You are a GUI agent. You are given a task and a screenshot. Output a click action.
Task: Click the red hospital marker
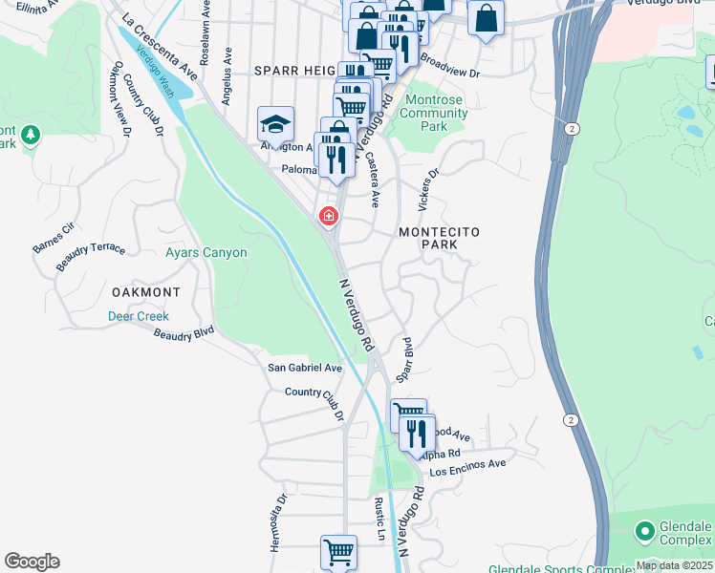point(329,217)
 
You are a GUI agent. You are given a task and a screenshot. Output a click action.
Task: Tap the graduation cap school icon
point(275,124)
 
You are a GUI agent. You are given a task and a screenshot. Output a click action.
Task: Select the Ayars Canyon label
point(206,253)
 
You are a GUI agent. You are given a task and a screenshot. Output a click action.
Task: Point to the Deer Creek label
point(138,316)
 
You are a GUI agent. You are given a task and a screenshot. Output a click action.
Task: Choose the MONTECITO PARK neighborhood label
point(439,239)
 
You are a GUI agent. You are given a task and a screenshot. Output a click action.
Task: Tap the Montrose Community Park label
point(435,113)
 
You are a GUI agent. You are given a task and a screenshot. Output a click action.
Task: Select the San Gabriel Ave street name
point(304,368)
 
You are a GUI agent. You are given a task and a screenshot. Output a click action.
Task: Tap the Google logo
point(32,562)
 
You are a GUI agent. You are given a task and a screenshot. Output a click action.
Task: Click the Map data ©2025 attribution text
point(674,565)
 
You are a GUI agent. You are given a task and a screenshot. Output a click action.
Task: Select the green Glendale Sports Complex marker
point(645,529)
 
